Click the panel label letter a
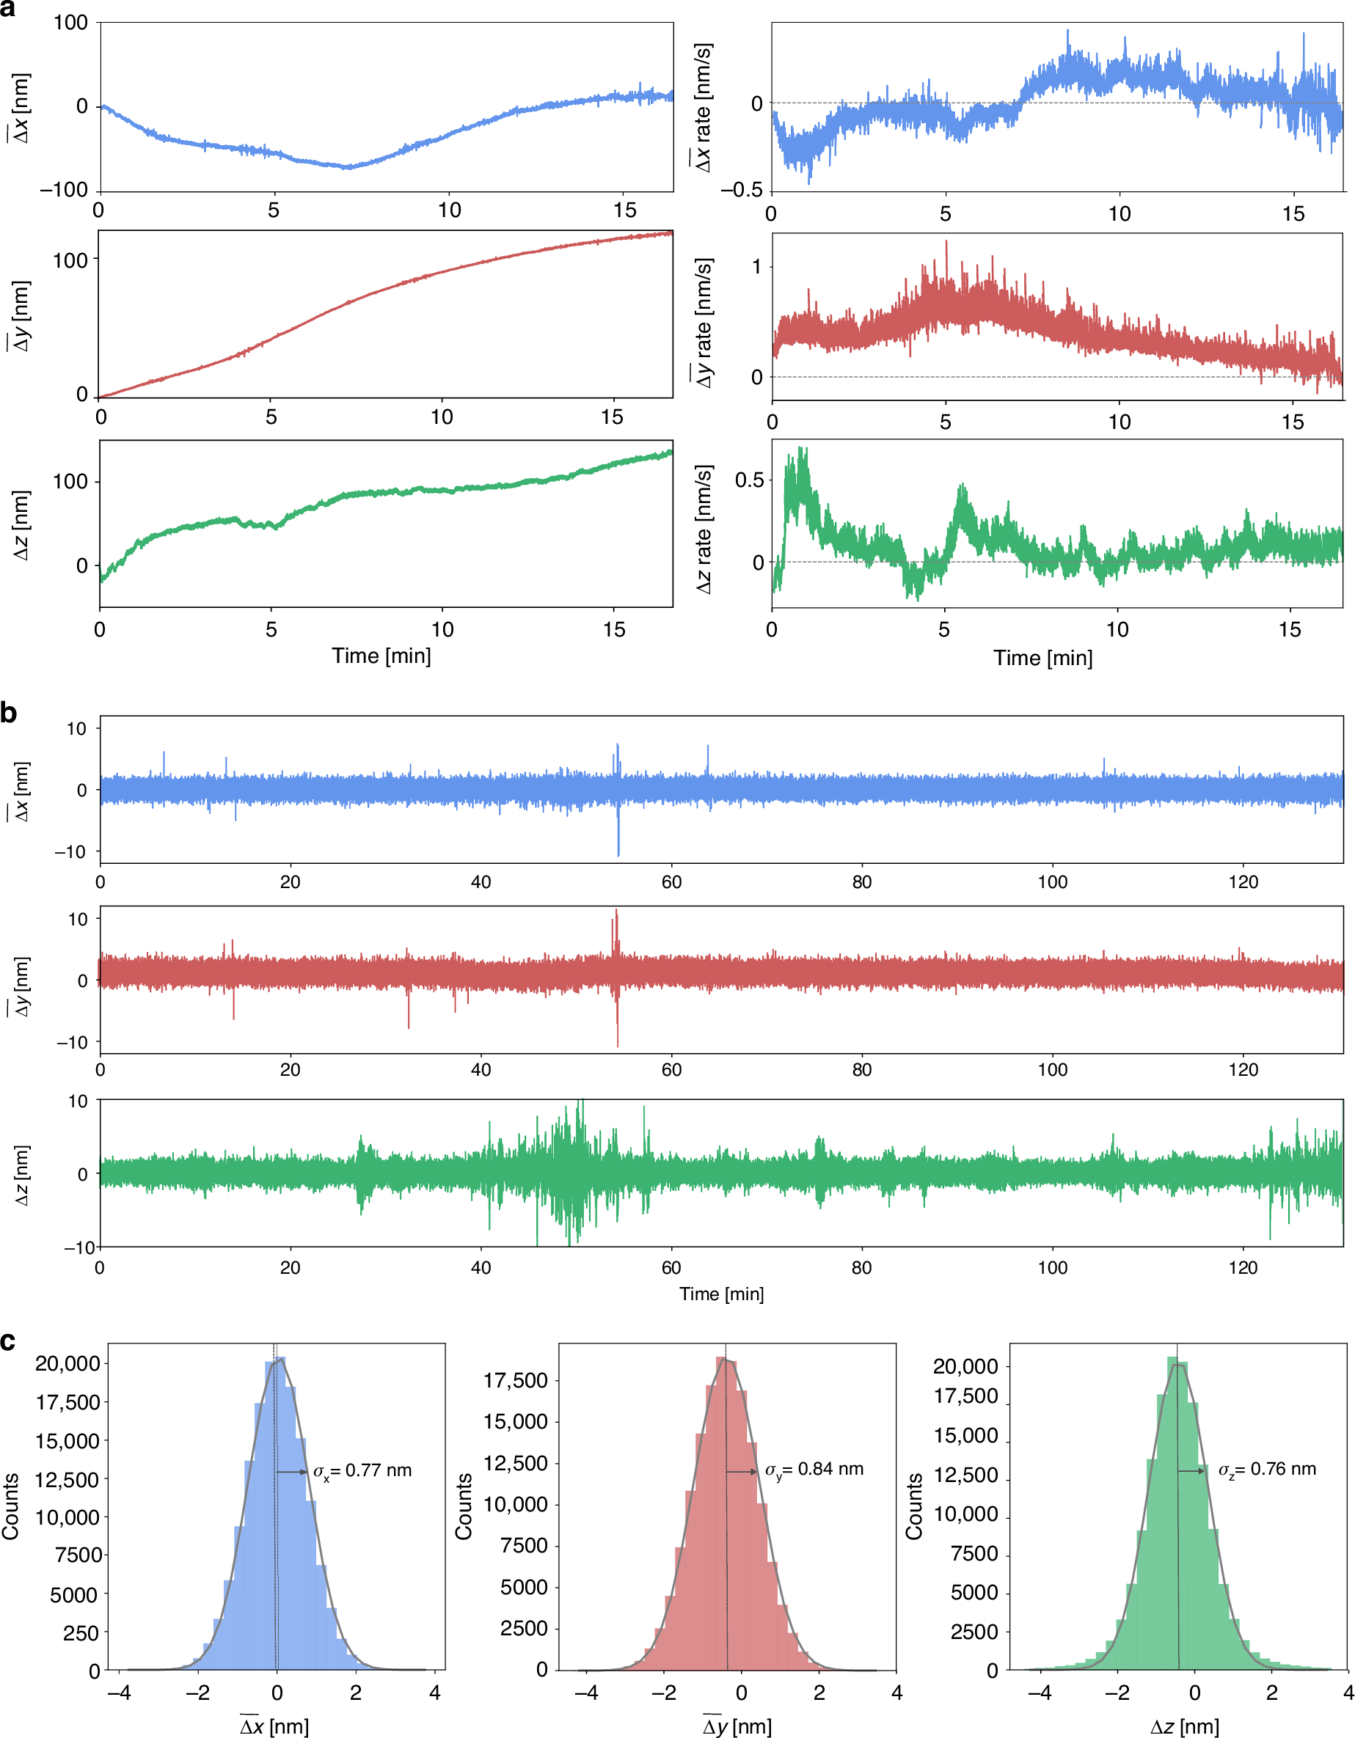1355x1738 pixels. coord(8,10)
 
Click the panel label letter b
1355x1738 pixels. coord(9,713)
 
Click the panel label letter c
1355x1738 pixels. coord(8,1341)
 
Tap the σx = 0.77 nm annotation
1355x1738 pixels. coord(362,1470)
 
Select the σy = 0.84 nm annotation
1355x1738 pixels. coord(814,1469)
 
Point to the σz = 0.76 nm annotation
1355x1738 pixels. coord(1267,1469)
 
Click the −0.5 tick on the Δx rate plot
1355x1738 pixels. coord(740,190)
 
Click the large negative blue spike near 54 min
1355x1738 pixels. coord(618,843)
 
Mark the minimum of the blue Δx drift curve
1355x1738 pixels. coord(348,167)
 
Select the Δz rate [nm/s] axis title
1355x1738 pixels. coord(703,530)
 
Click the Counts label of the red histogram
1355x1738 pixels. coord(464,1506)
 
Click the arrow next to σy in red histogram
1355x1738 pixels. coord(742,1473)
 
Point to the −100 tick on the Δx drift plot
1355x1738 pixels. coord(64,190)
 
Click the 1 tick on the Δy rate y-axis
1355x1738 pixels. coord(756,267)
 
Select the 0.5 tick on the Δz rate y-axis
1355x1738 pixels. coord(748,480)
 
